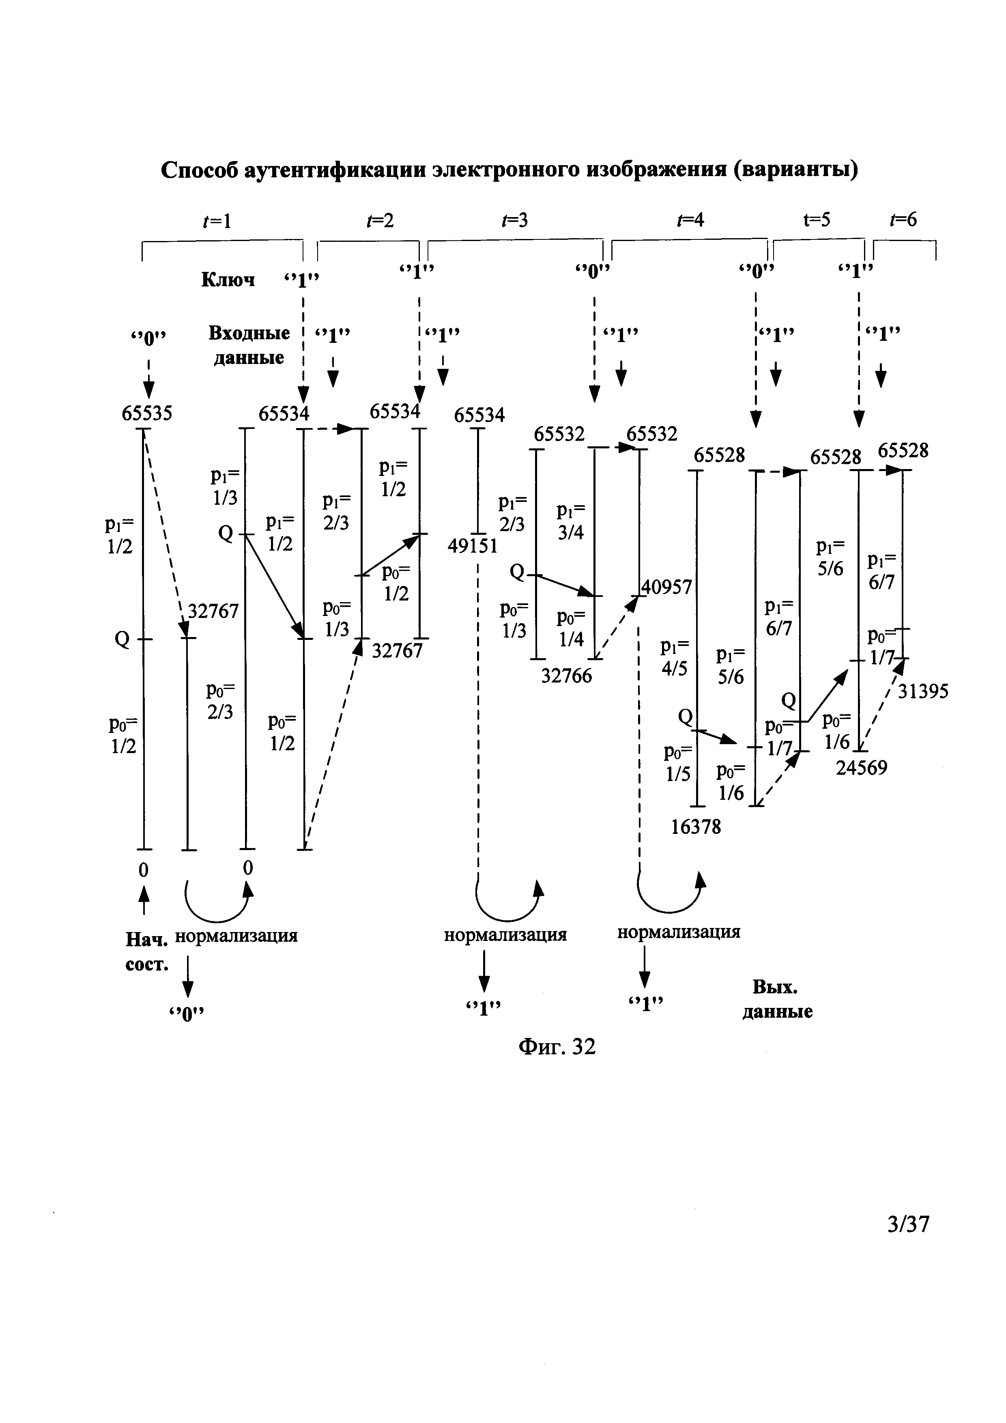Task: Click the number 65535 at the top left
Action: point(147,413)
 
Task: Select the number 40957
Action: point(667,586)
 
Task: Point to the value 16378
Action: point(696,827)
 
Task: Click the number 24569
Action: point(862,768)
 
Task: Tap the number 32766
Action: point(567,676)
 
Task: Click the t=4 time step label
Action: point(691,220)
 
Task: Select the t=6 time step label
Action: point(903,220)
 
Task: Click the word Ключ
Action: point(228,280)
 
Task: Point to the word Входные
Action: point(249,334)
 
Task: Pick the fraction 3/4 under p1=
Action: point(570,532)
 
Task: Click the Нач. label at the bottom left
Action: point(147,940)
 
